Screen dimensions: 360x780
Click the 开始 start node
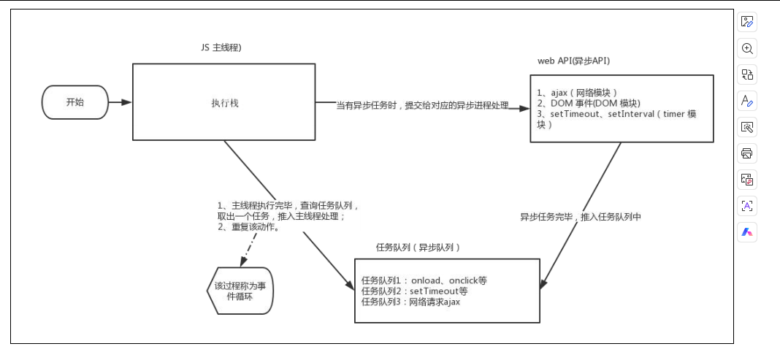74,102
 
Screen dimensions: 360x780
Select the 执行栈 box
223,102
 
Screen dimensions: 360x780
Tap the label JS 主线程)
221,47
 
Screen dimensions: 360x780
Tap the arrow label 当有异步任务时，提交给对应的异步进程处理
422,106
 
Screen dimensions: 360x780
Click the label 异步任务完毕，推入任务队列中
580,217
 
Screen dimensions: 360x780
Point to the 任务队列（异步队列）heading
418,248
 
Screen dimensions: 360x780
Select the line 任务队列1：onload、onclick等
424,280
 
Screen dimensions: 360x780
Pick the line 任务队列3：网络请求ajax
410,302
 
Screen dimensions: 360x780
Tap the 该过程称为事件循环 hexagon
240,291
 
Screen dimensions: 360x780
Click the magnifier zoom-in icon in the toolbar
746,48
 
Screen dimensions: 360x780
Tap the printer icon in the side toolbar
746,153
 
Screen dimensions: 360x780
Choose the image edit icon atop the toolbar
746,22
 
